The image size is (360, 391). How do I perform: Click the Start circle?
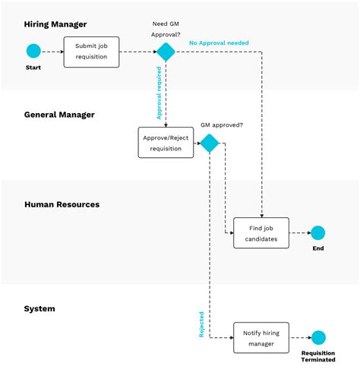pyautogui.click(x=33, y=51)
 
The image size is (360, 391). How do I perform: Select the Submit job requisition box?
pyautogui.click(x=91, y=52)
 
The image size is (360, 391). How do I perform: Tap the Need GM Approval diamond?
pyautogui.click(x=166, y=52)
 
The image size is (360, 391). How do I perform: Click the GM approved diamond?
pyautogui.click(x=209, y=143)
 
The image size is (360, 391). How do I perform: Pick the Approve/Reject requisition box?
pyautogui.click(x=166, y=143)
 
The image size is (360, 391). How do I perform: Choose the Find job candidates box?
pyautogui.click(x=261, y=233)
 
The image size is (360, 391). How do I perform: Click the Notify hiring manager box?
pyautogui.click(x=261, y=338)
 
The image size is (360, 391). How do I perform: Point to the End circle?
pyautogui.click(x=317, y=233)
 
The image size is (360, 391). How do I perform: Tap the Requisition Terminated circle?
pyautogui.click(x=317, y=338)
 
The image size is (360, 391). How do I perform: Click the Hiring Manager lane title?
pyautogui.click(x=55, y=24)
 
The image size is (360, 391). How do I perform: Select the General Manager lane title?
pyautogui.click(x=59, y=115)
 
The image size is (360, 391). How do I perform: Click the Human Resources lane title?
pyautogui.click(x=62, y=204)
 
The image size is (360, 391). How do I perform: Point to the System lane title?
pyautogui.click(x=39, y=308)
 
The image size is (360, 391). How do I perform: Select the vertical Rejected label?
pyautogui.click(x=201, y=324)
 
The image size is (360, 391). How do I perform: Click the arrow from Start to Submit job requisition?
pyautogui.click(x=52, y=52)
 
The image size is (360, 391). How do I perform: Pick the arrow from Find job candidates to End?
pyautogui.click(x=299, y=233)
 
